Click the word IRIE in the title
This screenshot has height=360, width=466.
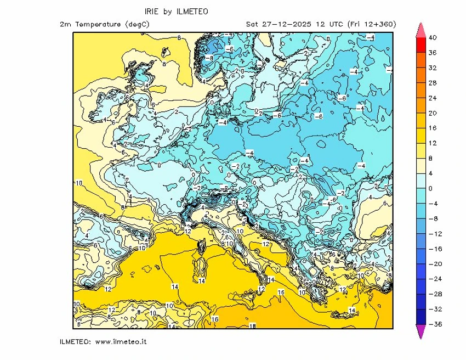(153, 11)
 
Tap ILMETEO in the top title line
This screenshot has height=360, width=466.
(191, 11)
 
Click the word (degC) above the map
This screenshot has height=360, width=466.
(137, 24)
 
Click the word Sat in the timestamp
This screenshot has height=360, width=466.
(253, 24)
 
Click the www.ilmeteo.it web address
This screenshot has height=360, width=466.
(121, 341)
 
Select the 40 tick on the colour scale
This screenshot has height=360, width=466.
(432, 38)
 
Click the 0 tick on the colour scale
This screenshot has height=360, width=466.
(430, 188)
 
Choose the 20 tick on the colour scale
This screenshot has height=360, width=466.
(432, 113)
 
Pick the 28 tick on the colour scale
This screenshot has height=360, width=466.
(432, 83)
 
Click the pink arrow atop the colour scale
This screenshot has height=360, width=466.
(421, 30)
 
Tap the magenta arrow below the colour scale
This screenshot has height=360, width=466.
(421, 331)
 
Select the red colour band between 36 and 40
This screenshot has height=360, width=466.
(421, 46)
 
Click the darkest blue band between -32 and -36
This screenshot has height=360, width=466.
(421, 317)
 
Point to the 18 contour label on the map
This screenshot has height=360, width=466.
(253, 326)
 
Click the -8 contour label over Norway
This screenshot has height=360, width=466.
(208, 57)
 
